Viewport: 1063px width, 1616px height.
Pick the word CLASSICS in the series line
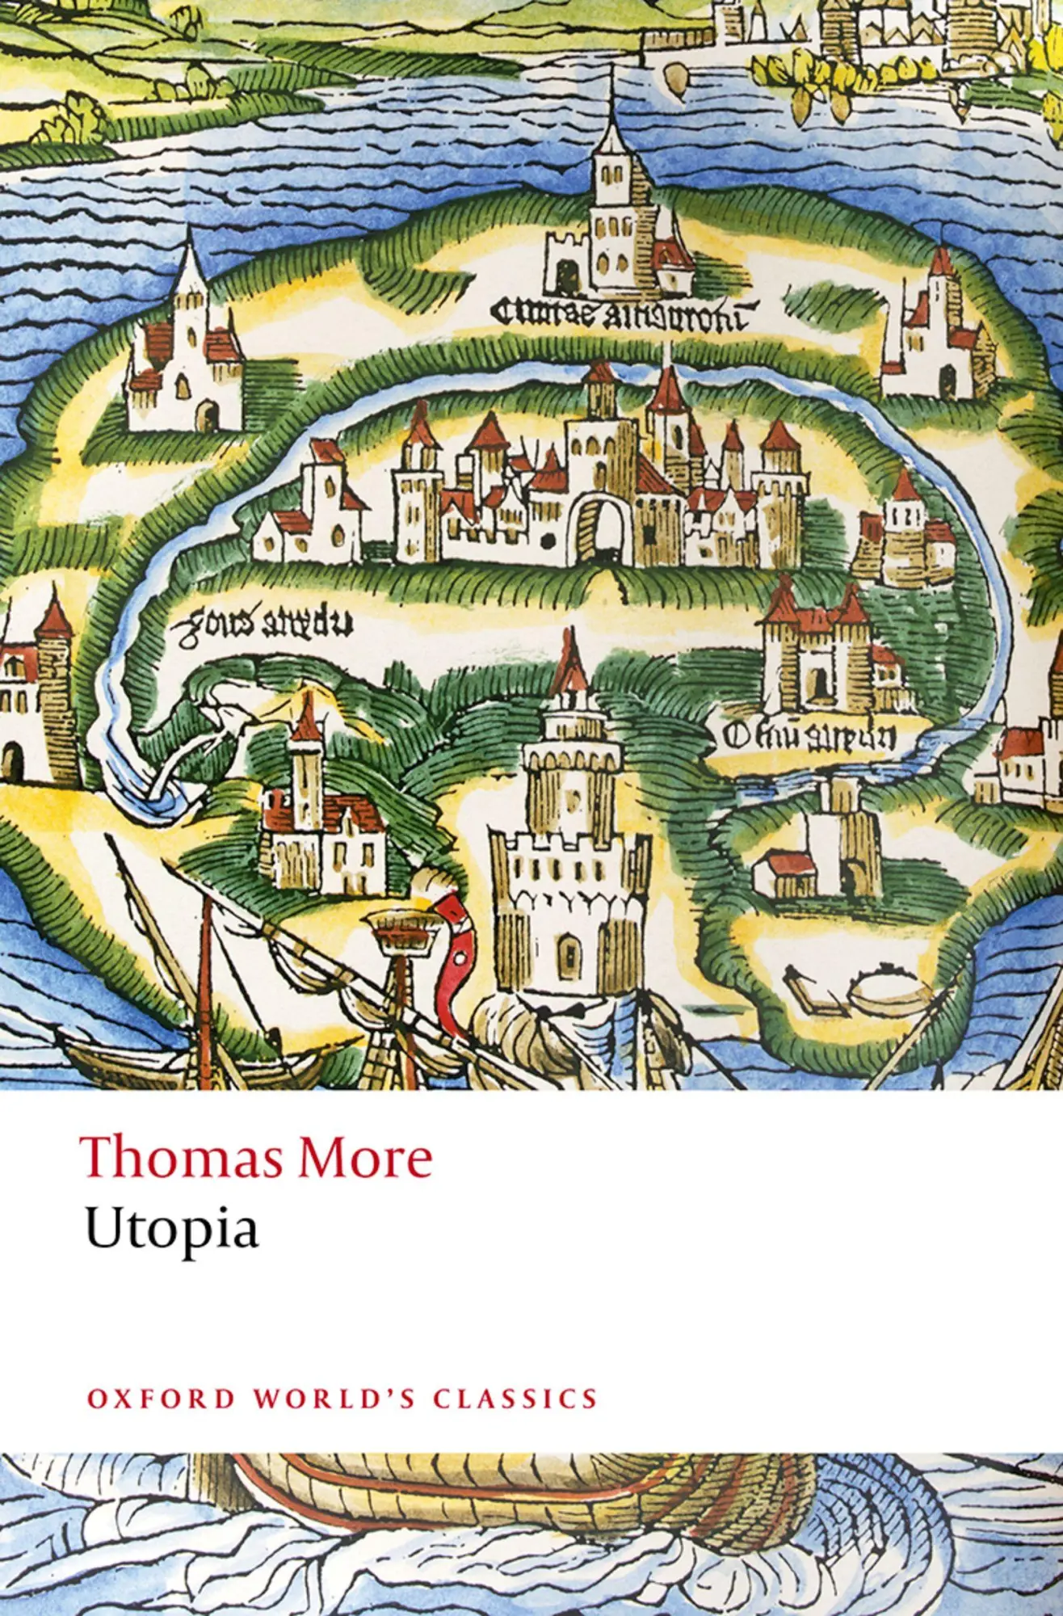click(x=515, y=1398)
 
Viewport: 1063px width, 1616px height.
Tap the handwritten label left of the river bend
click(x=260, y=622)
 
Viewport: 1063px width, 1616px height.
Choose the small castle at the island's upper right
click(x=937, y=331)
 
